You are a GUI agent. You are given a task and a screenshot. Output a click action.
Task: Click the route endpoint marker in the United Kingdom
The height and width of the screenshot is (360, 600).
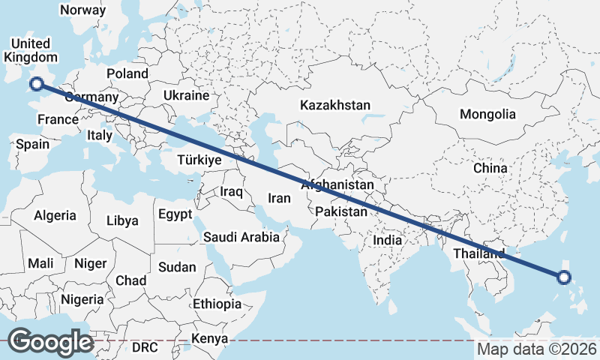pyautogui.click(x=35, y=85)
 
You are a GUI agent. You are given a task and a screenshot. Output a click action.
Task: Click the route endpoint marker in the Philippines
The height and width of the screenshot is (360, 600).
pyautogui.click(x=565, y=277)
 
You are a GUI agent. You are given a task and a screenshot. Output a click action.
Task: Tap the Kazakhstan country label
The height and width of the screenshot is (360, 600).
pyautogui.click(x=335, y=106)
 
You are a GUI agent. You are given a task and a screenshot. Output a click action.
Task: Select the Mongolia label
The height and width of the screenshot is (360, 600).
pyautogui.click(x=488, y=115)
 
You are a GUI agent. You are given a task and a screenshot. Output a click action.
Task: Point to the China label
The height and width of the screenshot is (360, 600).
pyautogui.click(x=490, y=168)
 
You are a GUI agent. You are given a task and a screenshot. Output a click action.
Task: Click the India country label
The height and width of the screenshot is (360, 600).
pyautogui.click(x=388, y=240)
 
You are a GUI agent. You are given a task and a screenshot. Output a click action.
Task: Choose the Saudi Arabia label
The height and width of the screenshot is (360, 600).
pyautogui.click(x=241, y=237)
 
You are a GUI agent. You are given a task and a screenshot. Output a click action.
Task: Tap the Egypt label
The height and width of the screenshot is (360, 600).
pyautogui.click(x=175, y=214)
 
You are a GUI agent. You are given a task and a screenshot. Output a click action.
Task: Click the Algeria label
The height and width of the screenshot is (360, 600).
pyautogui.click(x=55, y=215)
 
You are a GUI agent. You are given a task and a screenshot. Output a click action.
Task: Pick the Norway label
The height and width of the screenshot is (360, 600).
pyautogui.click(x=82, y=10)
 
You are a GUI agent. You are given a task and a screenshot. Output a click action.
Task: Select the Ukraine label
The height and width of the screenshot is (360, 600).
pyautogui.click(x=186, y=96)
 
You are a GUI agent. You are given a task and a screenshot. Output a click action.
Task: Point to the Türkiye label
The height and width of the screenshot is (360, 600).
pyautogui.click(x=199, y=160)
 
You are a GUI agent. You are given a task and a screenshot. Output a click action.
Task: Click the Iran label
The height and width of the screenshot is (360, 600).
pyautogui.click(x=279, y=198)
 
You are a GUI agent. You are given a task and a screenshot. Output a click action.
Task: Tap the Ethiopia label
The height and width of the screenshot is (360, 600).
pyautogui.click(x=217, y=304)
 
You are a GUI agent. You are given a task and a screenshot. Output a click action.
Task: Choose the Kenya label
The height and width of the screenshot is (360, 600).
pyautogui.click(x=209, y=339)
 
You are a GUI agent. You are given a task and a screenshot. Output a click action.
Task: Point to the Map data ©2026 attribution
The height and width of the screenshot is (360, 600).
pyautogui.click(x=537, y=349)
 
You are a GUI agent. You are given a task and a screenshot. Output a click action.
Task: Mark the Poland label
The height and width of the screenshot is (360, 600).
pyautogui.click(x=127, y=73)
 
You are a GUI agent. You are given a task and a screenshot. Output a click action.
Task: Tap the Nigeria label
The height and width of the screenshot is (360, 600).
pyautogui.click(x=82, y=299)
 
